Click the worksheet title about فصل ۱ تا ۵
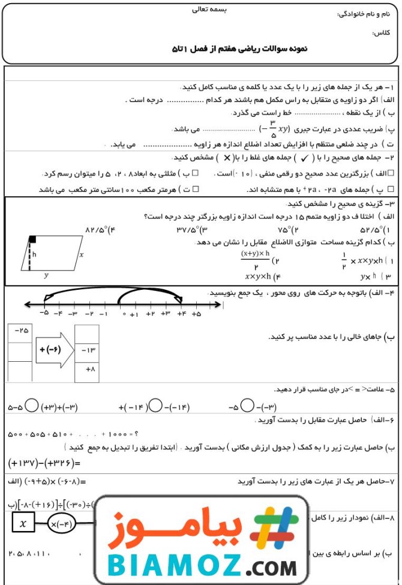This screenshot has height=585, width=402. click(x=239, y=49)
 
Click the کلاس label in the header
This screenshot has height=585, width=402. click(x=381, y=32)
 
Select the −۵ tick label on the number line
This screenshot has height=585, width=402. click(x=44, y=314)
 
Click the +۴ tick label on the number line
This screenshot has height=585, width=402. click(x=181, y=314)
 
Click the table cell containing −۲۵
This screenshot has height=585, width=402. click(x=20, y=331)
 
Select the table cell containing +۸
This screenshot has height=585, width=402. click(x=86, y=370)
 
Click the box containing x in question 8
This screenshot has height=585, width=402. click(x=23, y=523)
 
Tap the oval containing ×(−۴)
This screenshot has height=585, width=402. click(x=64, y=523)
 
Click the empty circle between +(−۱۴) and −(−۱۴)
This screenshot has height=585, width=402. click(x=155, y=406)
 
